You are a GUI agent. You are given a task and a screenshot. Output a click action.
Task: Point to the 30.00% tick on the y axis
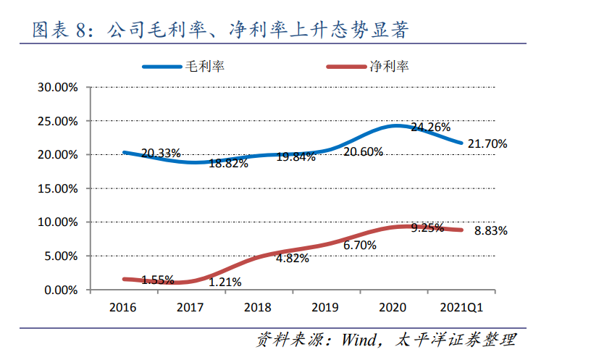[57, 88]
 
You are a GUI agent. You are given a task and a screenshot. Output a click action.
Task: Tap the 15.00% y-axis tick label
[57, 188]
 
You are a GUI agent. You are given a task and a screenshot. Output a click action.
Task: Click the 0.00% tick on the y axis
[60, 290]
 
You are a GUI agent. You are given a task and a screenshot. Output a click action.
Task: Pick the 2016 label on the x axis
[122, 307]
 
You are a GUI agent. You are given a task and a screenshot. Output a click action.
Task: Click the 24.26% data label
[430, 127]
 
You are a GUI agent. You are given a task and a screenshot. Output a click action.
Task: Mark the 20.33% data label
[161, 154]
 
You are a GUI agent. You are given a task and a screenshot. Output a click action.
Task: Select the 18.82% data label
[228, 164]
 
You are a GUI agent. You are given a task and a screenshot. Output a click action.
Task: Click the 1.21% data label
[225, 282]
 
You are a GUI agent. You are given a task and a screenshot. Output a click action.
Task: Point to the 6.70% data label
[360, 246]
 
